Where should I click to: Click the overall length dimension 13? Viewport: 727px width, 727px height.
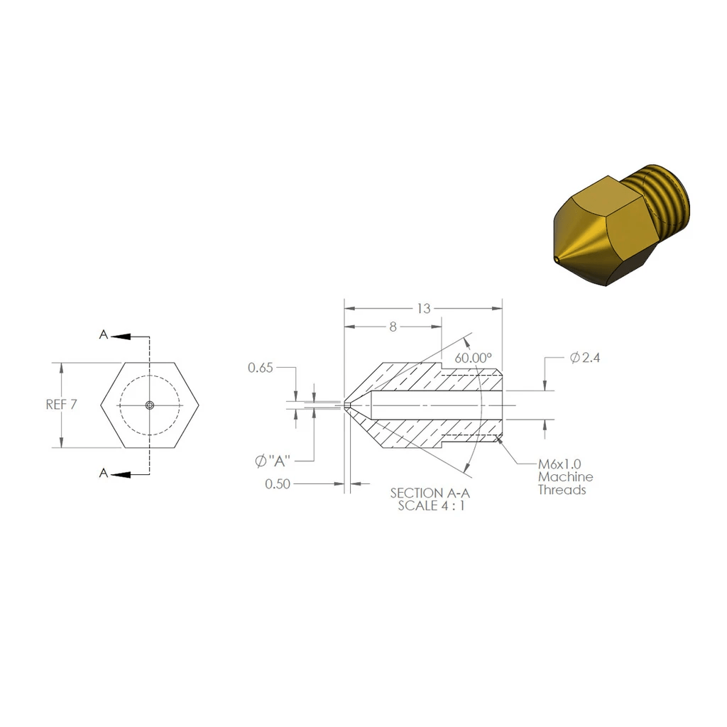pos(423,308)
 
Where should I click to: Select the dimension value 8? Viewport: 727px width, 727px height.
pos(393,327)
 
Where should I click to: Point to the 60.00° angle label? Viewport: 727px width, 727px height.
pos(474,358)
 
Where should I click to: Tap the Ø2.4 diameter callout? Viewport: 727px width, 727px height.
pos(585,358)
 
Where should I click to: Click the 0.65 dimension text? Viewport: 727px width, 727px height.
pos(260,368)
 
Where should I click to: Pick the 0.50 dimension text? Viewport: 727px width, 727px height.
pos(278,484)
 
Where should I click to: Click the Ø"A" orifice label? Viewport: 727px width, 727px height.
pos(273,461)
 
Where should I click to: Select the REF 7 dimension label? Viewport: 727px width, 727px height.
pos(61,405)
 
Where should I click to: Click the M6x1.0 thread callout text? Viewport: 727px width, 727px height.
pos(559,464)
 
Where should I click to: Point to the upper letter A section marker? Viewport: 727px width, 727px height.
pos(104,335)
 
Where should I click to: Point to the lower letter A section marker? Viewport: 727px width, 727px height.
pos(104,474)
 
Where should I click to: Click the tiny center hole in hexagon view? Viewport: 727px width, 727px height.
pos(149,405)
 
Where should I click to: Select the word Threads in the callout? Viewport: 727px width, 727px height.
pos(562,490)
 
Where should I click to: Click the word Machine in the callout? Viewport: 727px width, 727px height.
pos(565,477)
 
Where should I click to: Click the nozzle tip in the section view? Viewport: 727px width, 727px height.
pos(346,405)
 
